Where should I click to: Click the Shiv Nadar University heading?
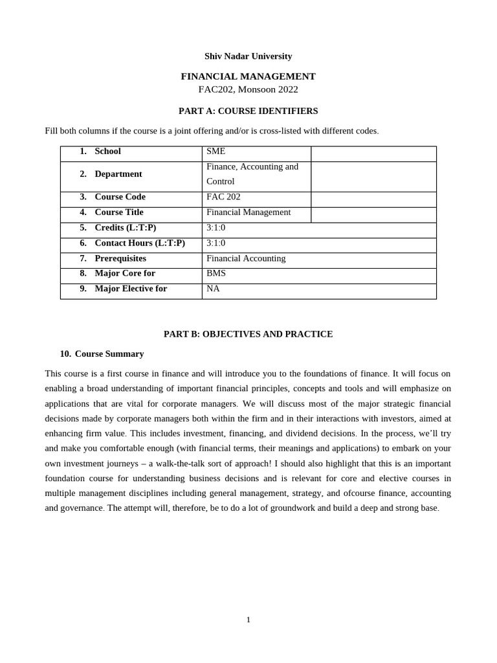pyautogui.click(x=248, y=56)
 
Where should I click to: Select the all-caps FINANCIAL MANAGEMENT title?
pyautogui.click(x=248, y=76)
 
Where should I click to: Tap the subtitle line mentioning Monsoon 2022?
pyautogui.click(x=248, y=89)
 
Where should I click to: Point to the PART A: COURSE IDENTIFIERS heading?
pyautogui.click(x=248, y=111)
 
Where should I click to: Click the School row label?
pyautogui.click(x=107, y=152)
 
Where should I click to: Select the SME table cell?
pyautogui.click(x=216, y=152)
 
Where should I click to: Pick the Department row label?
pyautogui.click(x=118, y=174)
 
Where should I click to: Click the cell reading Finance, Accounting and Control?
pyautogui.click(x=252, y=174)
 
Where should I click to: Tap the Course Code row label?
pyautogui.click(x=120, y=197)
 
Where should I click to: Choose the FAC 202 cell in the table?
pyautogui.click(x=223, y=197)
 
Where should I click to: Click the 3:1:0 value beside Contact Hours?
pyautogui.click(x=216, y=243)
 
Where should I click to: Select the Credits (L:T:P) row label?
pyautogui.click(x=125, y=228)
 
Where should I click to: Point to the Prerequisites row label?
pyautogui.click(x=120, y=258)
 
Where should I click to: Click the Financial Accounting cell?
pyautogui.click(x=246, y=258)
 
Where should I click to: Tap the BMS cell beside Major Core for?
pyautogui.click(x=216, y=273)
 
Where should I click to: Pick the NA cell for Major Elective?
pyautogui.click(x=213, y=289)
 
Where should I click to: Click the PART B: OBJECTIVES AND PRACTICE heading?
pyautogui.click(x=248, y=334)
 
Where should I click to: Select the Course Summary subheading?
pyautogui.click(x=109, y=354)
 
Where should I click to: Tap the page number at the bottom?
pyautogui.click(x=248, y=620)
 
